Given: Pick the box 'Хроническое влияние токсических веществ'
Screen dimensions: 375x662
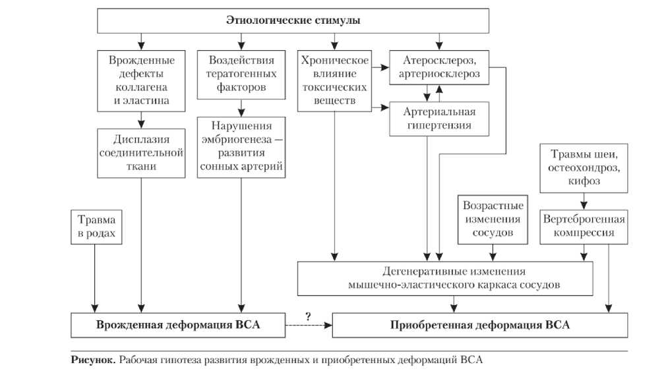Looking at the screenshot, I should [334, 80].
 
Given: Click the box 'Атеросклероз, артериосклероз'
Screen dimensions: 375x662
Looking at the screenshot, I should [439, 67].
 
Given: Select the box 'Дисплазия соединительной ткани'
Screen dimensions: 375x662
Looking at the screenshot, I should [141, 153].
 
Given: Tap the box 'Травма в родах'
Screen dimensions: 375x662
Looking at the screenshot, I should [96, 227].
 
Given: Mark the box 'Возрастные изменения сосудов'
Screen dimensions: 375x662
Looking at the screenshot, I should [493, 218].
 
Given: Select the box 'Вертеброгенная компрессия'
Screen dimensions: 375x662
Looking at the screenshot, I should [584, 225].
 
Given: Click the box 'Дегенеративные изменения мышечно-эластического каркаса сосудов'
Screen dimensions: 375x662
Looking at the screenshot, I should [454, 277].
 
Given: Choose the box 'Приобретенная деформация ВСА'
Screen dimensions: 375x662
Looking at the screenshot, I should [479, 324].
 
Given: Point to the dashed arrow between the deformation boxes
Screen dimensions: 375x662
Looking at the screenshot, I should [309, 324].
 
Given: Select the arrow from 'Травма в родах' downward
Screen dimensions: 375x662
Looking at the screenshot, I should [96, 277].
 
